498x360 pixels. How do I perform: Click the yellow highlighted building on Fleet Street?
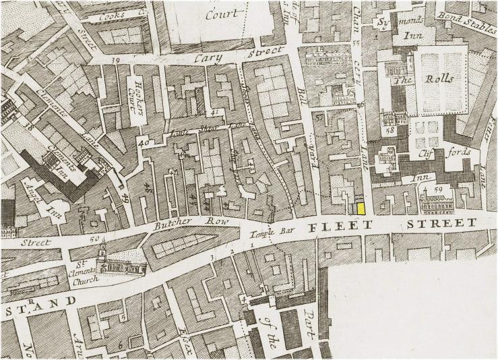361,208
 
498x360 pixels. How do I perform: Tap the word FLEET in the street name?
332,227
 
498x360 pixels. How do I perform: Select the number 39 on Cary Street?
116,61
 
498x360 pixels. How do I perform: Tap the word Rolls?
441,79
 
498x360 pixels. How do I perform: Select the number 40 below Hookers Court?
142,142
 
